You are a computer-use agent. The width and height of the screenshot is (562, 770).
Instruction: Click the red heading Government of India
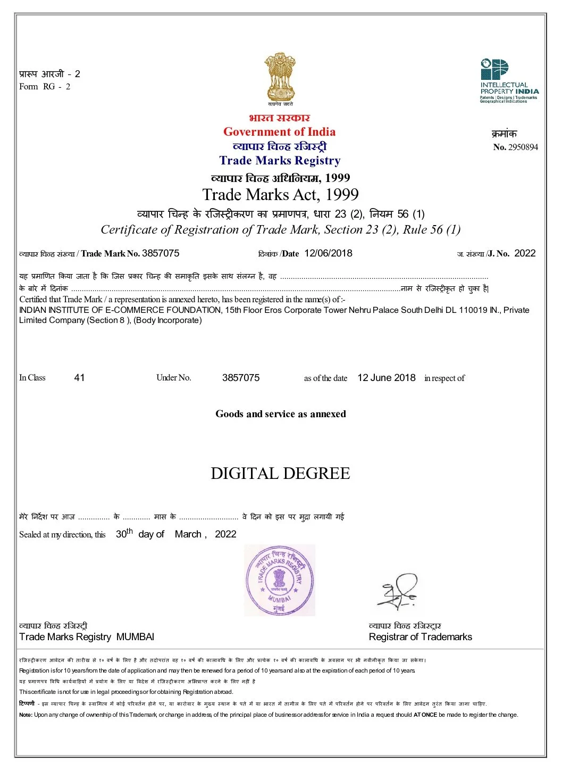coord(279,132)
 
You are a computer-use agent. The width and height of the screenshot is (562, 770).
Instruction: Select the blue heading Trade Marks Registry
coord(280,161)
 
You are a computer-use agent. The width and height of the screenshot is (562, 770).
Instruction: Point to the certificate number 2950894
coord(523,147)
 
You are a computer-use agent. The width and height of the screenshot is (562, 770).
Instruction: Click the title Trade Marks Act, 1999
coord(280,195)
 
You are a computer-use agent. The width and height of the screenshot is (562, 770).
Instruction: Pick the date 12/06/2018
coord(328,253)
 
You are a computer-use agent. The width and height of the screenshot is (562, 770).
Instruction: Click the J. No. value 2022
coord(525,253)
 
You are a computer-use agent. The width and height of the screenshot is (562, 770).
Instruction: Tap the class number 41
coord(79,378)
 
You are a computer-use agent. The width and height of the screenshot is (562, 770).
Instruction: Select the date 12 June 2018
coord(386,378)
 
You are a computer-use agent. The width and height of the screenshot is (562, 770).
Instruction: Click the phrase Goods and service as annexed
coord(280,414)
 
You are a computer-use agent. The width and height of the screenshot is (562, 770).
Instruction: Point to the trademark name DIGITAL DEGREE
coord(280,474)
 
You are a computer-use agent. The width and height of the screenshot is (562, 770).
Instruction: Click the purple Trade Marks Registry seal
coord(280,580)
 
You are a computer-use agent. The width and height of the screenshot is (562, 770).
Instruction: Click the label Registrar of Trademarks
coord(420,637)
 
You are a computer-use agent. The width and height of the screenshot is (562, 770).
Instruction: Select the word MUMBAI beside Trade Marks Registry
coord(135,637)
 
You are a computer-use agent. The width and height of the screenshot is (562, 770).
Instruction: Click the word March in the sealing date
coord(188,534)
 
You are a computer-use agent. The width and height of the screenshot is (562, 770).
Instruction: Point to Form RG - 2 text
coord(45,87)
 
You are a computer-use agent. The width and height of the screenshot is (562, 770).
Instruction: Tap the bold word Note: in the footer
coord(26,715)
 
